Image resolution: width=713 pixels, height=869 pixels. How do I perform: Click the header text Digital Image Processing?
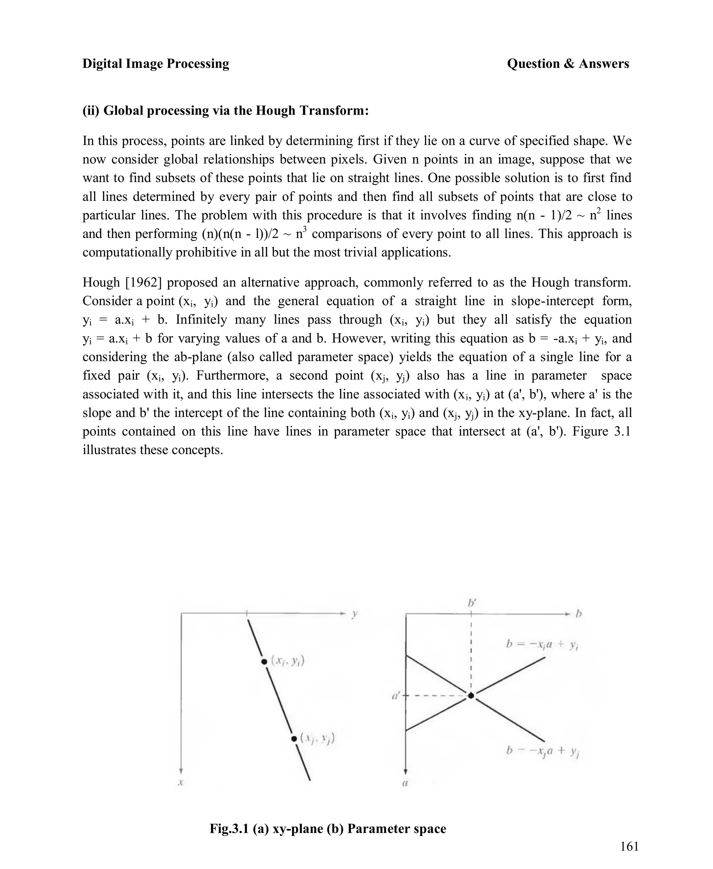click(x=156, y=64)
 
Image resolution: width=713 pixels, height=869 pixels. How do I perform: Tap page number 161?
click(x=629, y=846)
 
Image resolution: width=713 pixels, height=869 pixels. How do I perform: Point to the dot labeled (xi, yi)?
click(x=264, y=661)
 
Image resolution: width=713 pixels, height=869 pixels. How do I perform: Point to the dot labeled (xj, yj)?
click(x=294, y=739)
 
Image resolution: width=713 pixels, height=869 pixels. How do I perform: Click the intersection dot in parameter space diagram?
click(x=471, y=696)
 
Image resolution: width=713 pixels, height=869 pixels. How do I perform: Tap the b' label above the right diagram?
click(x=471, y=603)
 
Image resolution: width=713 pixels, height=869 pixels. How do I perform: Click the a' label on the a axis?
click(x=396, y=696)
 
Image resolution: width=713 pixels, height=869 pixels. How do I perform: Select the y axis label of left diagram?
click(x=354, y=614)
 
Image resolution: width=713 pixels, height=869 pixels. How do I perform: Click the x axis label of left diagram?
click(x=180, y=783)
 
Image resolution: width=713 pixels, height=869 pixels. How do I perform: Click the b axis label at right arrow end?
click(x=579, y=614)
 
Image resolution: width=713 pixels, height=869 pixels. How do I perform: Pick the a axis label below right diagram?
click(x=405, y=783)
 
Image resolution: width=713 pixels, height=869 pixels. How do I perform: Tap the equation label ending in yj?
click(x=542, y=751)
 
